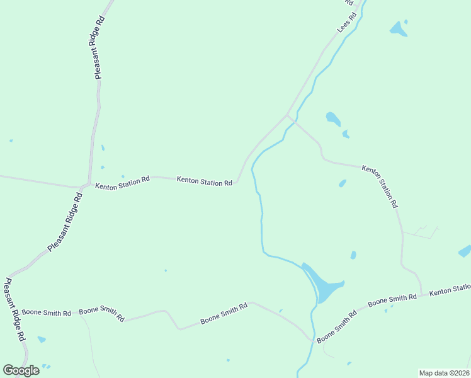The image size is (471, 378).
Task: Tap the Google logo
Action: pyautogui.click(x=21, y=370)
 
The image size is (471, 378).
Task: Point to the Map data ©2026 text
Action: pyautogui.click(x=443, y=373)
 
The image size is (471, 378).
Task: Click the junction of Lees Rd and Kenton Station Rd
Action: pyautogui.click(x=288, y=115)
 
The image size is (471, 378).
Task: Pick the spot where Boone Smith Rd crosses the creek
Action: pyautogui.click(x=312, y=340)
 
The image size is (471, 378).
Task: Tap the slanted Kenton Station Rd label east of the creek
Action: pyautogui.click(x=380, y=186)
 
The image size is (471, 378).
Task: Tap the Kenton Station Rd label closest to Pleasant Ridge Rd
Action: pyautogui.click(x=122, y=183)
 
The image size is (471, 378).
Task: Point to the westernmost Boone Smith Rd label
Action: pyautogui.click(x=46, y=312)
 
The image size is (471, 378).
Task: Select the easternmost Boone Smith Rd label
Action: pyautogui.click(x=392, y=301)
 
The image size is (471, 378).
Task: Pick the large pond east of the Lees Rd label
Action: pyautogui.click(x=398, y=28)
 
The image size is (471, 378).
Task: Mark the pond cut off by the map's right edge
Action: pyautogui.click(x=465, y=251)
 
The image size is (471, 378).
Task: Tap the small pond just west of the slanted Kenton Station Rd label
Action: pyautogui.click(x=343, y=183)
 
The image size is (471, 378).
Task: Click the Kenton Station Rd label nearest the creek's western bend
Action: pyautogui.click(x=205, y=181)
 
